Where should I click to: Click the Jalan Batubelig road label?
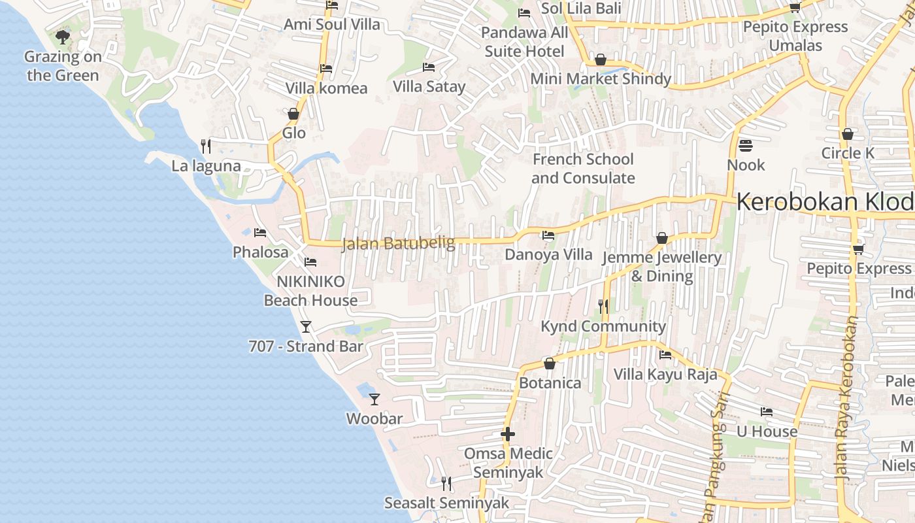(398, 244)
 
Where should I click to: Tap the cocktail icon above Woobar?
(374, 399)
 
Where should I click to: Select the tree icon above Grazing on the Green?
(63, 37)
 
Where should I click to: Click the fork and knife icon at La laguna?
(206, 145)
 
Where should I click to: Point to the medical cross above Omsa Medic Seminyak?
(508, 433)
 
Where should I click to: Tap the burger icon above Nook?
(746, 145)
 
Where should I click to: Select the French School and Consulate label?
(583, 169)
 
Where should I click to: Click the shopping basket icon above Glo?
(293, 114)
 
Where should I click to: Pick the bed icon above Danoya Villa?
(548, 235)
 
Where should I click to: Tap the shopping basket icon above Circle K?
(848, 134)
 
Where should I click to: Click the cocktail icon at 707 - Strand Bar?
(305, 326)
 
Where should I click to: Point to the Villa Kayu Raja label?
(665, 375)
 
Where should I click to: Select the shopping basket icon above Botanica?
(550, 363)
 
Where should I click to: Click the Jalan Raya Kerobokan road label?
(846, 399)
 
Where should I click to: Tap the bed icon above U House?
(767, 412)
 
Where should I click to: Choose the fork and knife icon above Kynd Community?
(603, 305)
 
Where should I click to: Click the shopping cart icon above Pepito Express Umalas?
(795, 7)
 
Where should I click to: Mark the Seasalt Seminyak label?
(446, 503)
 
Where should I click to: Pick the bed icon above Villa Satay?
(429, 67)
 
